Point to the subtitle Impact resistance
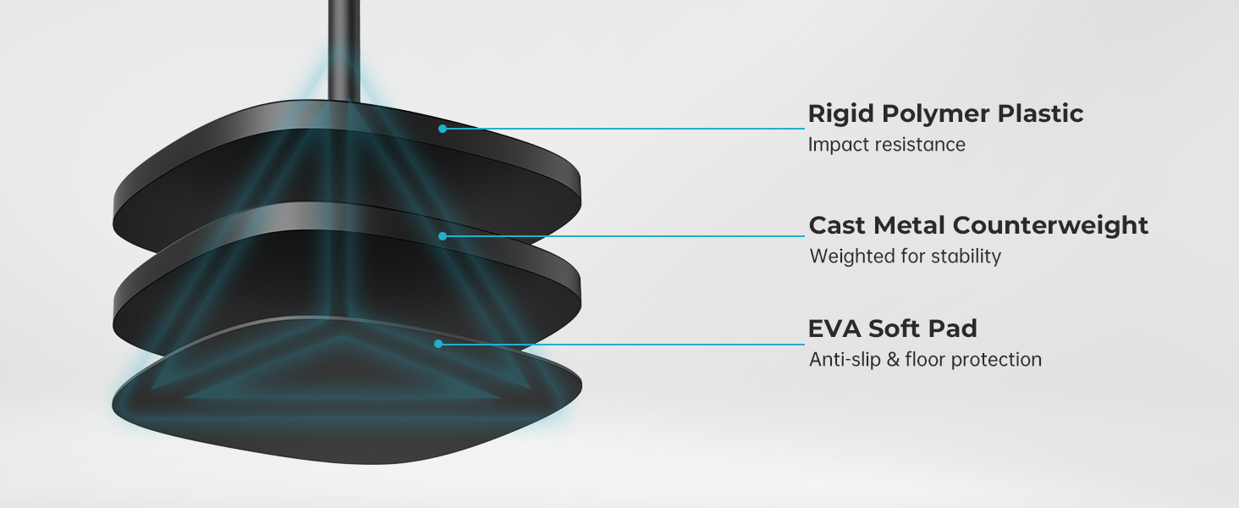point(887,145)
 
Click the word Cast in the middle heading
point(836,225)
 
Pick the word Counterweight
point(1050,226)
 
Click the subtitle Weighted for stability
point(905,257)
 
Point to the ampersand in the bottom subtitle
point(893,360)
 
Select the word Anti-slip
point(845,360)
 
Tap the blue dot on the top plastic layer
point(443,129)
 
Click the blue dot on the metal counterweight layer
point(443,236)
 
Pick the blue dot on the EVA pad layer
point(438,345)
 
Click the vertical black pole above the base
point(344,51)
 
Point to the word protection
point(996,361)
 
